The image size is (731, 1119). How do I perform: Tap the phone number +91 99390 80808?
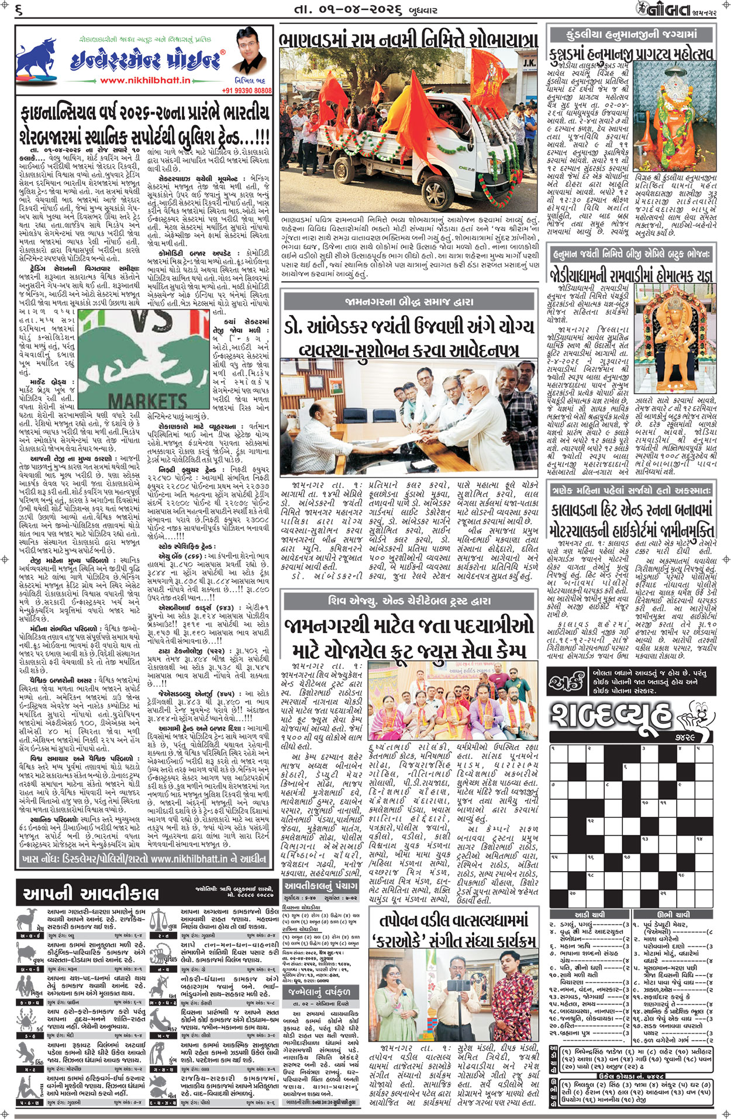tap(247, 91)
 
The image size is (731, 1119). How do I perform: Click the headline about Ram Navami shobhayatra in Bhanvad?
tap(408, 40)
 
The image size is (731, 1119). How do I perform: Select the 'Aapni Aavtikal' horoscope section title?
tap(91, 893)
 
